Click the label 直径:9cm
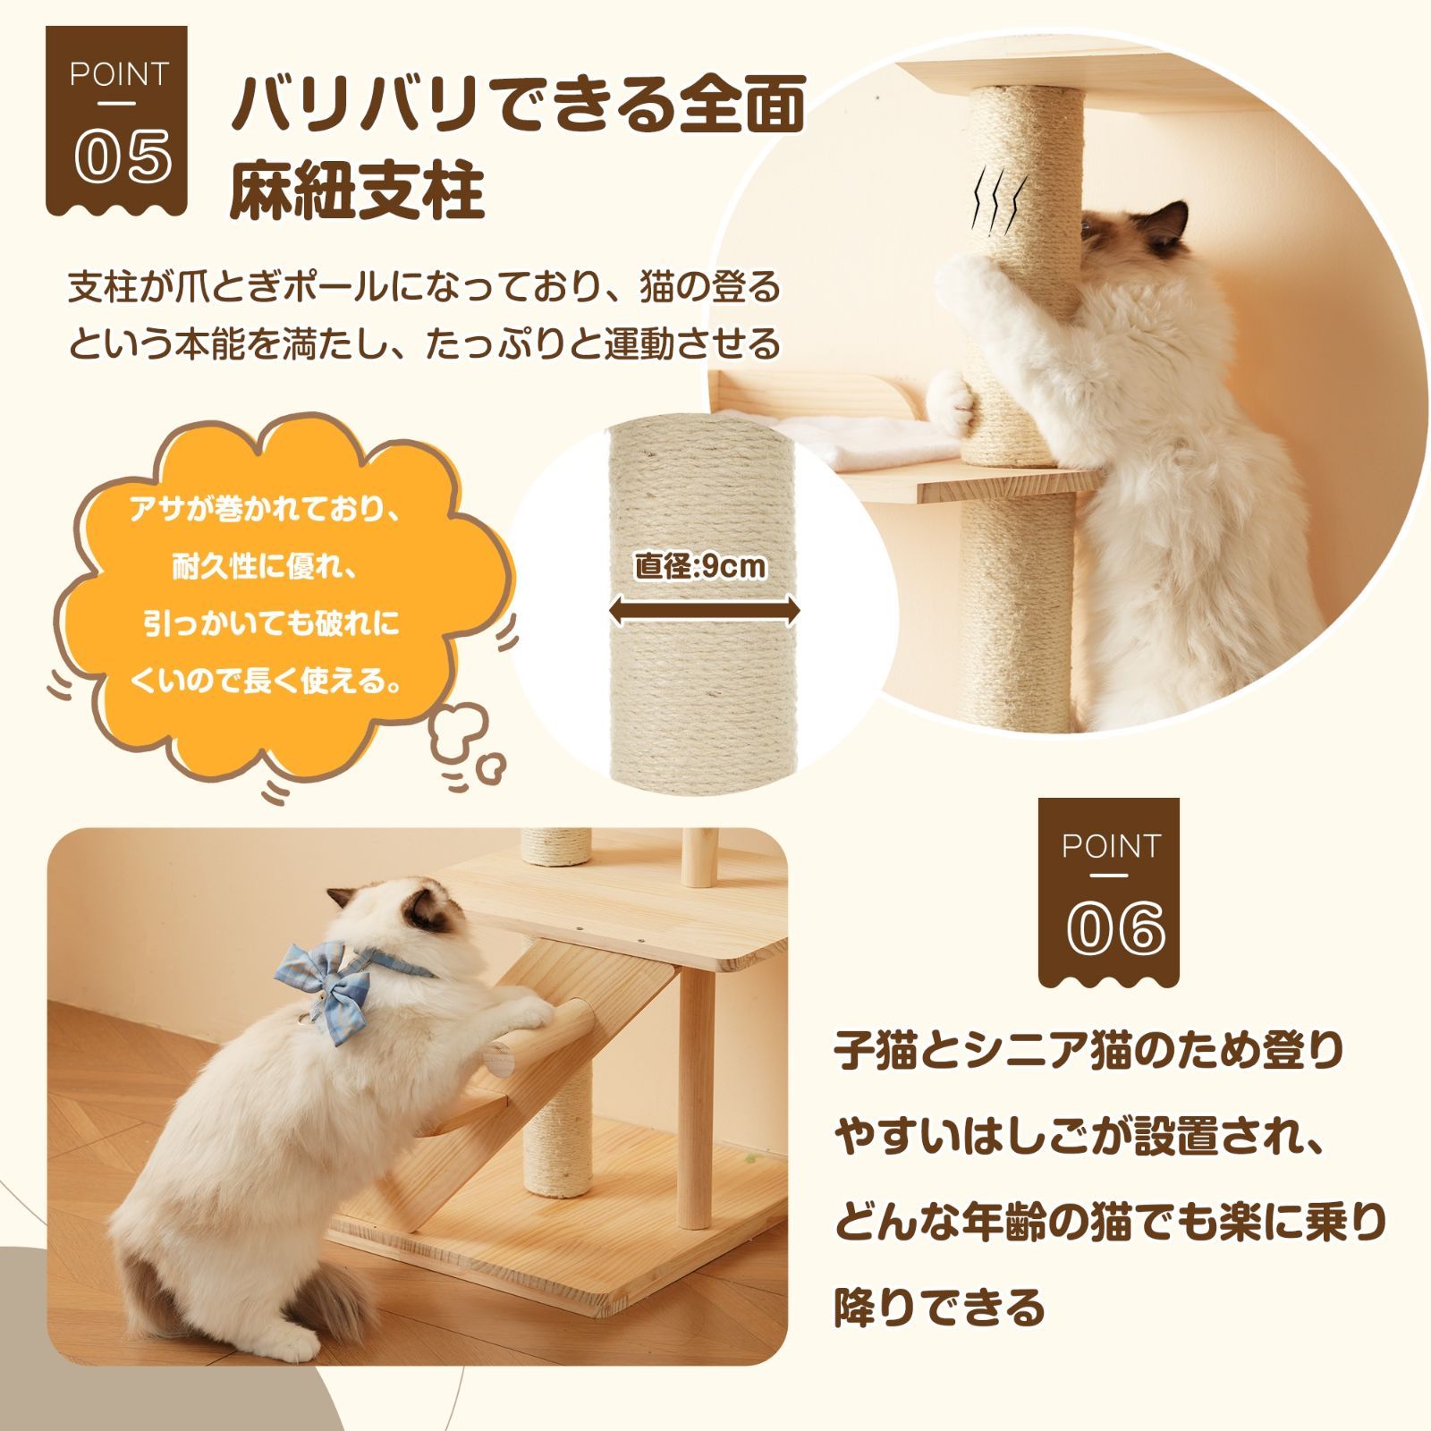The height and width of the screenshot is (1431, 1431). [x=700, y=565]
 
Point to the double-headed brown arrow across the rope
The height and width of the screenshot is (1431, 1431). [x=703, y=612]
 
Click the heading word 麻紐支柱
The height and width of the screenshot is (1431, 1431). [x=357, y=191]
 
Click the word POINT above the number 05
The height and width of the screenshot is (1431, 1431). [x=118, y=75]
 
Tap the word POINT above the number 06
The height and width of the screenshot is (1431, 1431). [x=1110, y=846]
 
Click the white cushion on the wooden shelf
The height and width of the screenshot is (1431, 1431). [x=885, y=444]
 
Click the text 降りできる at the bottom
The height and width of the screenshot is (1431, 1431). [x=939, y=1308]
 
